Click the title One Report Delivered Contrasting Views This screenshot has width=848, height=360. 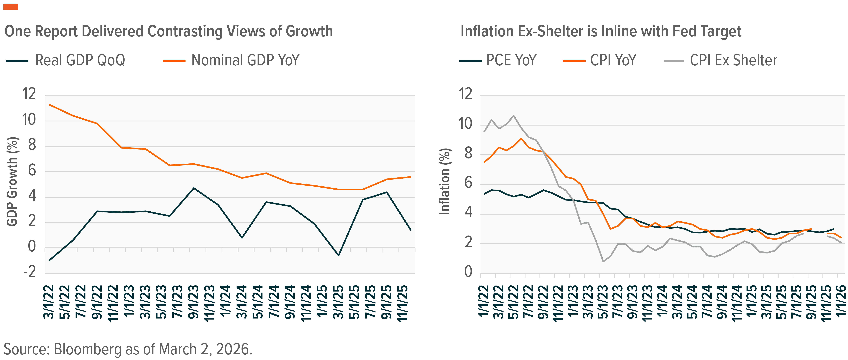pyautogui.click(x=169, y=32)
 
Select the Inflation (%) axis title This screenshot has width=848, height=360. pyautogui.click(x=445, y=182)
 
